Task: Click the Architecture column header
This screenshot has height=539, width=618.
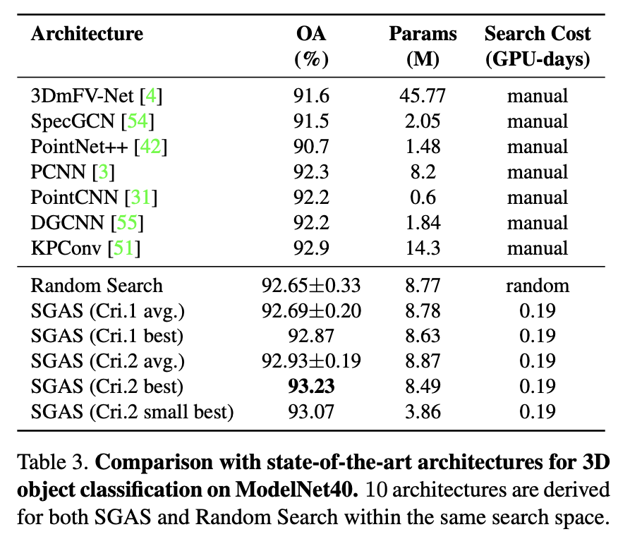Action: pos(87,34)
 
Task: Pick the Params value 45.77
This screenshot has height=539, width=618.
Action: pos(423,96)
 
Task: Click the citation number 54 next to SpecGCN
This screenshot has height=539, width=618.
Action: pos(136,121)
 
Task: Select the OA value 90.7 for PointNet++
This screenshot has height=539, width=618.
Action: pos(311,147)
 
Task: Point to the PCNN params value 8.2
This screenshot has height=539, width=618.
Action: pos(423,172)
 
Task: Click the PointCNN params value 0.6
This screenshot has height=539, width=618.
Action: pos(423,198)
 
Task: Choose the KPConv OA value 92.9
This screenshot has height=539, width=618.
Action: pos(311,248)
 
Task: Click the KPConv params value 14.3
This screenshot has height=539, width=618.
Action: pos(423,248)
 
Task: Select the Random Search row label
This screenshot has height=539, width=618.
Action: pos(97,286)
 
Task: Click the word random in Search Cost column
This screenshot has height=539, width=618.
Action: pos(537,286)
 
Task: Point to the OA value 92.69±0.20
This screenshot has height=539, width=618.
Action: pos(311,311)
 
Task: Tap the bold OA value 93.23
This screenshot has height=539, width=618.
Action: pos(311,387)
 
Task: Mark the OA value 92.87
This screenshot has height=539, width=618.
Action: pos(311,337)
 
